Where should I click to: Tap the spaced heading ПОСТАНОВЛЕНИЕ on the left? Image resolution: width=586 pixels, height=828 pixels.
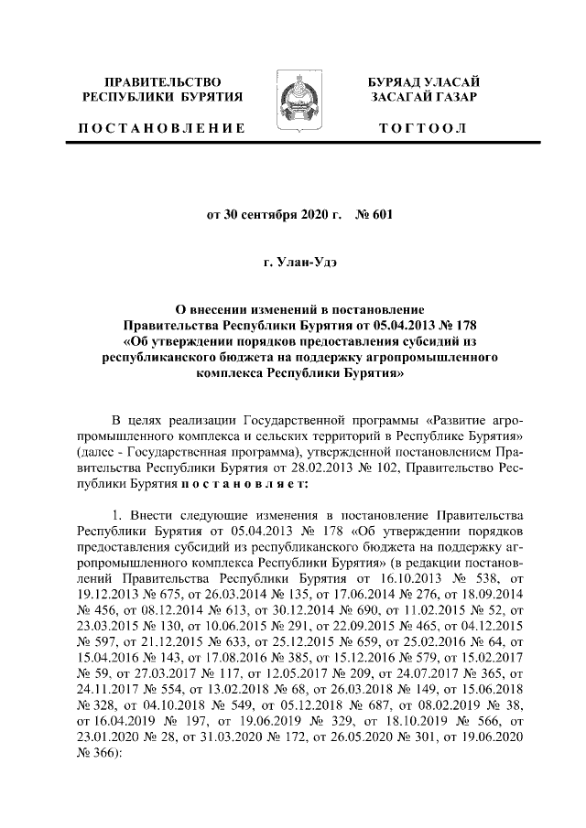click(161, 128)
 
